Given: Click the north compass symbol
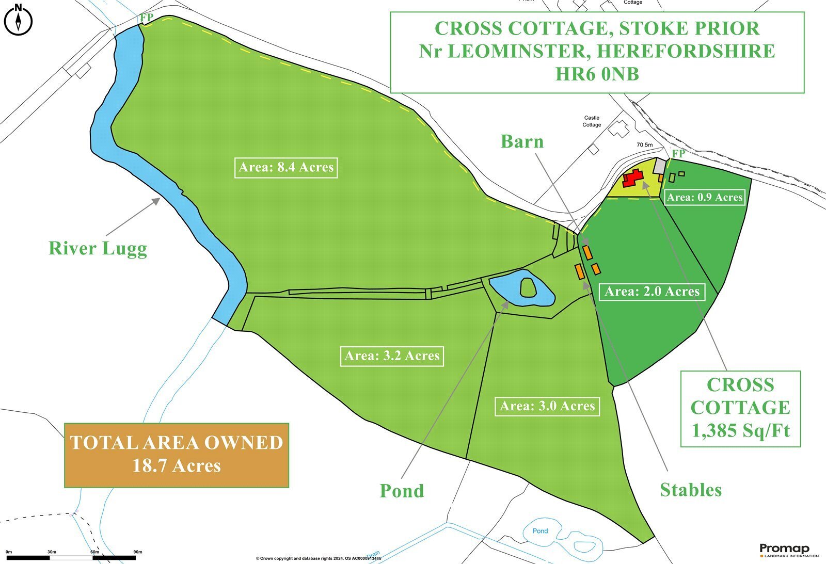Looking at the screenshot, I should click(x=18, y=20).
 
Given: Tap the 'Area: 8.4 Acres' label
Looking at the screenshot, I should click(x=286, y=168).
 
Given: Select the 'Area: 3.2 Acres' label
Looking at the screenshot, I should click(x=392, y=356).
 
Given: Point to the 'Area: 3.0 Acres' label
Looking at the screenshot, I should click(x=547, y=407).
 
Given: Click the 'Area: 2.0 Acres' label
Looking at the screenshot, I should click(x=652, y=292).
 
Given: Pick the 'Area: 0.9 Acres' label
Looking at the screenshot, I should click(x=705, y=197).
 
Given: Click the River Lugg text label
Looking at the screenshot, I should click(x=98, y=249).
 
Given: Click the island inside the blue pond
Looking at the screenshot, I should click(x=528, y=287).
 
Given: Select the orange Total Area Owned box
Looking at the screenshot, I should click(x=177, y=455).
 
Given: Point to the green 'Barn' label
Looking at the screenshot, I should click(x=522, y=142).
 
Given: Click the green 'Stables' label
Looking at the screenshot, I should click(x=691, y=490).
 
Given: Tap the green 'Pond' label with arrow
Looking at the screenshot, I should click(x=402, y=491).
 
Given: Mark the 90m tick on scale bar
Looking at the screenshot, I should click(x=137, y=552).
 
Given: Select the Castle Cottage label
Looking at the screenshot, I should click(x=592, y=121).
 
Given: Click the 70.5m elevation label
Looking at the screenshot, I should click(x=644, y=145).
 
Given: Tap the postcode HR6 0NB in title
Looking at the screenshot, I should click(x=597, y=75).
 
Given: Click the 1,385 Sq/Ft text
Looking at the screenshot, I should click(x=740, y=431).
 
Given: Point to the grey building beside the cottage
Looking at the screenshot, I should click(x=660, y=166).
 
